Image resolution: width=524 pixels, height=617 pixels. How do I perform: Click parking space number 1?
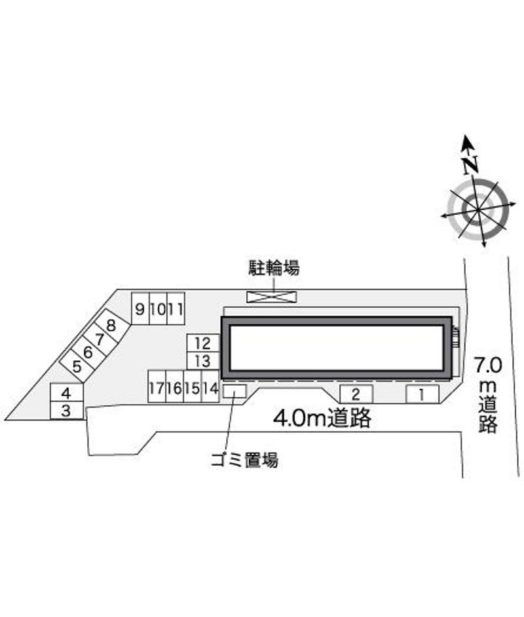click(x=422, y=394)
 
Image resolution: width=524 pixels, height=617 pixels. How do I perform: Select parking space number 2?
click(x=356, y=394)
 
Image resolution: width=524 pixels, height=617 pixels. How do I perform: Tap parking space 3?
click(x=67, y=411)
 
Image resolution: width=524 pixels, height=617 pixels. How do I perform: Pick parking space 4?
click(x=67, y=393)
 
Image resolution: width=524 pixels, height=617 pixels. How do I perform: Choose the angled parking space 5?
click(x=77, y=366)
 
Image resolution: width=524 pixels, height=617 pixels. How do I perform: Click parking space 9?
click(x=140, y=308)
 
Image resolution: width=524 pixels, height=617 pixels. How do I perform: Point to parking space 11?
click(x=176, y=308)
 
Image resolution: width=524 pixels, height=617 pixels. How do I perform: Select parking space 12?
click(x=203, y=343)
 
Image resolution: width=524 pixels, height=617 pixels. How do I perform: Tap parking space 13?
click(x=203, y=361)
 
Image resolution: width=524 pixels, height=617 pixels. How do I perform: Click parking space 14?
click(x=210, y=386)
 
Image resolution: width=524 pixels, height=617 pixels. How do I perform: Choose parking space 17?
click(x=157, y=386)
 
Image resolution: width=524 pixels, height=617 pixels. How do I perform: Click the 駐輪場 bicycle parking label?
click(x=274, y=268)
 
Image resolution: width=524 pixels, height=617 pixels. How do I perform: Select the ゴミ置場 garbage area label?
click(x=244, y=460)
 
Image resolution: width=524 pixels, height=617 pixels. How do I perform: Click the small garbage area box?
click(x=234, y=391)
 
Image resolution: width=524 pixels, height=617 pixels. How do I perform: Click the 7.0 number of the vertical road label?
click(x=488, y=365)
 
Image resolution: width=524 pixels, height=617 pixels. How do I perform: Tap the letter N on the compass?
click(x=470, y=165)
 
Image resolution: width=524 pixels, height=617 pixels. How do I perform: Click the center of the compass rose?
click(x=478, y=210)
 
